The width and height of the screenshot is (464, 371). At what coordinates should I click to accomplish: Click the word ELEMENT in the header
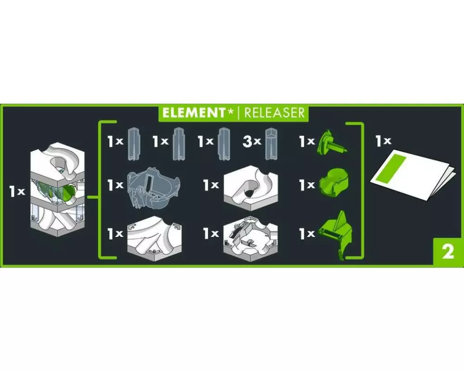(x=194, y=113)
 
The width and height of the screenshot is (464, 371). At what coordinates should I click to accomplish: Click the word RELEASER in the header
(x=274, y=113)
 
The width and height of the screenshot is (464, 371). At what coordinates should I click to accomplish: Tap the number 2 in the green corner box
(x=448, y=252)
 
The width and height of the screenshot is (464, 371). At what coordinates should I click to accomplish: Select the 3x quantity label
(x=252, y=141)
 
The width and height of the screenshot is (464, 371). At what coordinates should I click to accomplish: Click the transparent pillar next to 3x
(x=271, y=144)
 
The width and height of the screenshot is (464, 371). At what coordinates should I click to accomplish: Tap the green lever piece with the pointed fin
(x=336, y=234)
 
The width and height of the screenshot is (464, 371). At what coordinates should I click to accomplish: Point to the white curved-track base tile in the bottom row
(x=154, y=238)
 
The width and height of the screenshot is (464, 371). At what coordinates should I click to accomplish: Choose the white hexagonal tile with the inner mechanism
(x=251, y=238)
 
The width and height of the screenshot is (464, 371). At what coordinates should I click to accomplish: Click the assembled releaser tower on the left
(x=58, y=189)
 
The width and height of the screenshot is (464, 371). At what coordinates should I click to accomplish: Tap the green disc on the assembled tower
(x=70, y=192)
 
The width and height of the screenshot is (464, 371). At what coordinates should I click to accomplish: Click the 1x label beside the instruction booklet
(x=383, y=141)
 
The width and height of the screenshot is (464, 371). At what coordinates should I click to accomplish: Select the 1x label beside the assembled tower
(x=17, y=192)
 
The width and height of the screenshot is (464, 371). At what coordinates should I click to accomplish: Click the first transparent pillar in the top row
(x=134, y=144)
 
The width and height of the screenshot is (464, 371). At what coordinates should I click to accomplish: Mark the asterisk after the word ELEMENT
(x=230, y=111)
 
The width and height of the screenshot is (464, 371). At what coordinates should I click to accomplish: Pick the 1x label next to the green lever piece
(x=307, y=233)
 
